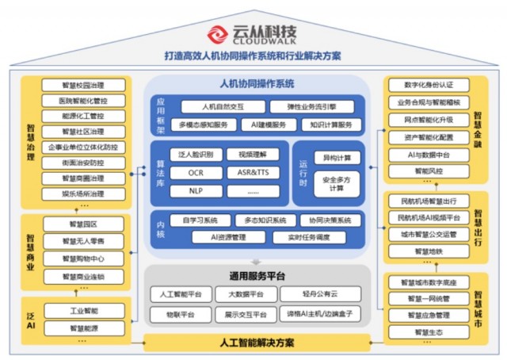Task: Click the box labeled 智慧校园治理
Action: (x=82, y=85)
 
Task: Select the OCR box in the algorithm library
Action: (x=195, y=172)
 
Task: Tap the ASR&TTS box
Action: (x=252, y=172)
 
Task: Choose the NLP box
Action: (x=195, y=190)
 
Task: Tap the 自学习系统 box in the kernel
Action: (x=200, y=220)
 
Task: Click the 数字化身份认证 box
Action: (x=428, y=85)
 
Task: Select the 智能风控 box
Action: (x=428, y=170)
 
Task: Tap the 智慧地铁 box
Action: (x=428, y=251)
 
